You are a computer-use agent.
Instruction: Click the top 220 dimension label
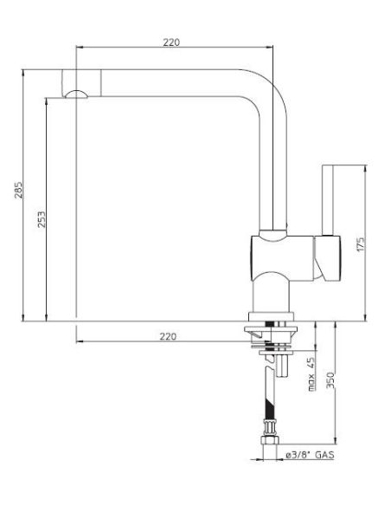[x=171, y=42]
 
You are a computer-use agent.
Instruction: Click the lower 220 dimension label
[x=168, y=336]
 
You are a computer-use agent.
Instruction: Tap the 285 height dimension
[x=19, y=190]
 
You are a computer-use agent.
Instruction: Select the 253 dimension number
[x=42, y=219]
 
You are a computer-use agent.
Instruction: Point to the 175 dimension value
[x=361, y=244]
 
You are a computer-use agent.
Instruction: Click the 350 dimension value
[x=330, y=380]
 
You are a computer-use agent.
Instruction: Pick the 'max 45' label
[x=311, y=374]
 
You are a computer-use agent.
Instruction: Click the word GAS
[x=324, y=455]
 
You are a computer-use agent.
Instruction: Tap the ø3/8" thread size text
[x=298, y=455]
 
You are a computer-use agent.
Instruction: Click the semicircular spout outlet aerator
[x=76, y=94]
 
